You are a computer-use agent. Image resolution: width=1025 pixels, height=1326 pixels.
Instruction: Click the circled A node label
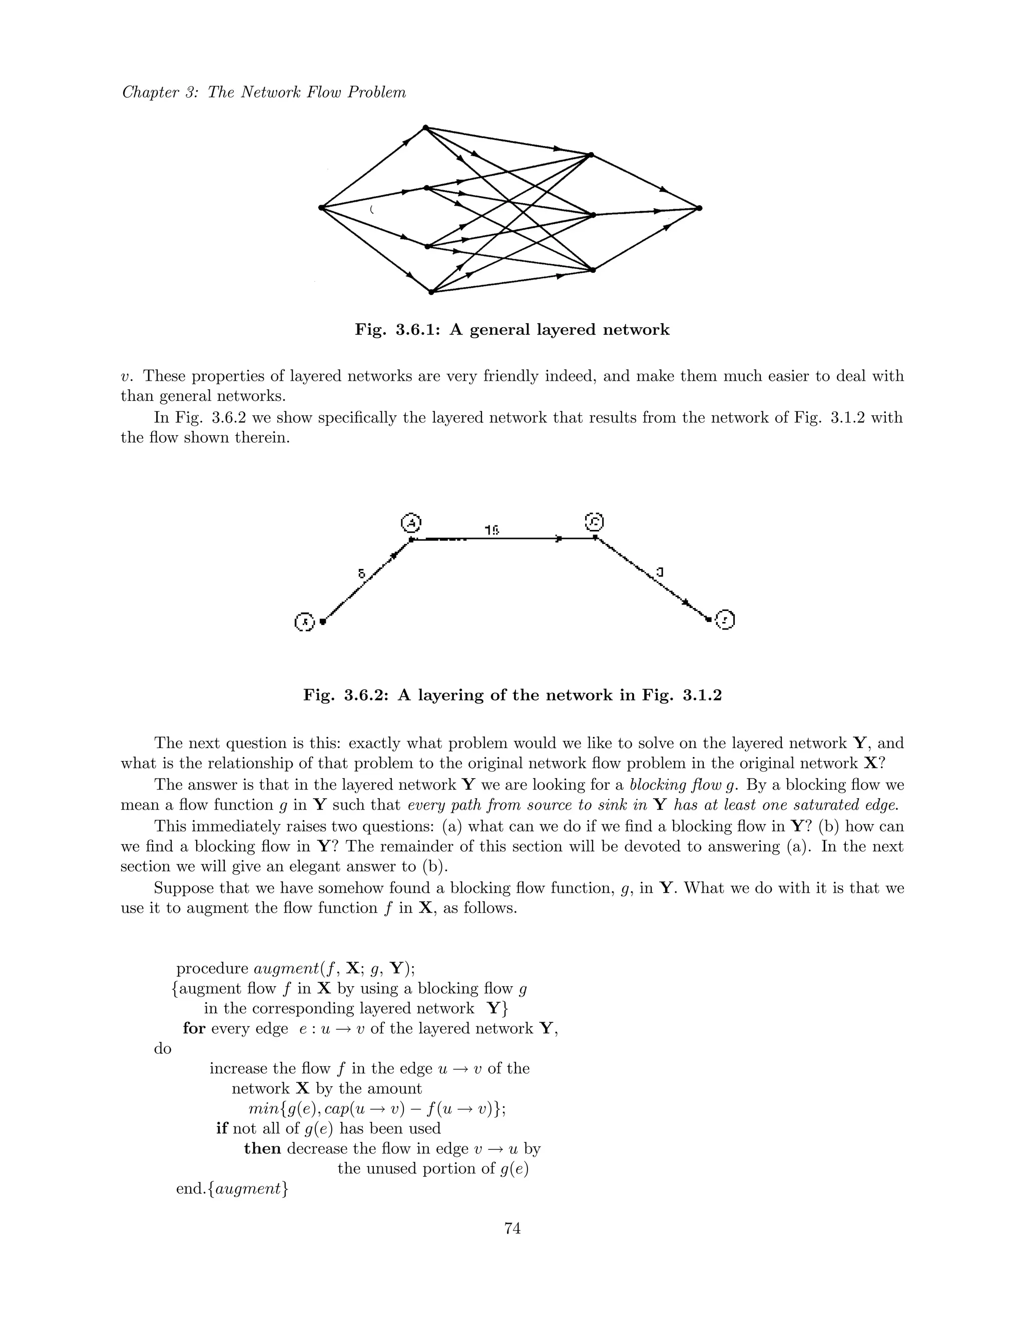[411, 522]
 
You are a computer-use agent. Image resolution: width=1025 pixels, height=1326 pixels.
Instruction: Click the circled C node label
[594, 521]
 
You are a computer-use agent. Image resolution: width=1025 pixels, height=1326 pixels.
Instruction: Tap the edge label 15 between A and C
[492, 529]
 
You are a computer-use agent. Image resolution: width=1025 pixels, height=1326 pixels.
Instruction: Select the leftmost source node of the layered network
[321, 208]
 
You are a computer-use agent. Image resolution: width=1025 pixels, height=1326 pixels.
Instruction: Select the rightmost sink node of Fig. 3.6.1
[700, 208]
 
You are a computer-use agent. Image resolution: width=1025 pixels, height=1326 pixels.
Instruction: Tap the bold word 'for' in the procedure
[194, 1028]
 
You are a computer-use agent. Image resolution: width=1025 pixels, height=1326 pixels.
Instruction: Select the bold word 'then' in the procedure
[262, 1149]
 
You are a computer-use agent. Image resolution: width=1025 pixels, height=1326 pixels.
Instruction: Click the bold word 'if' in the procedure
[222, 1129]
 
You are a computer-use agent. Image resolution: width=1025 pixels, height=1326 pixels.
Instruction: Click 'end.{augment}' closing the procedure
[232, 1189]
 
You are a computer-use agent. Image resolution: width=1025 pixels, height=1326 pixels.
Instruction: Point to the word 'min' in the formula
[262, 1109]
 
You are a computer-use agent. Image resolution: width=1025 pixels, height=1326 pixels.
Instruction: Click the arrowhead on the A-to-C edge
[559, 538]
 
